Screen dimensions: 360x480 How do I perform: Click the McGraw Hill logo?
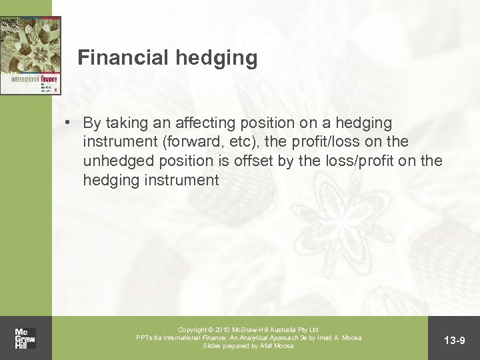(25, 337)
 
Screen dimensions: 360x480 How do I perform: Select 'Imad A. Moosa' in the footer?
(338, 338)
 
